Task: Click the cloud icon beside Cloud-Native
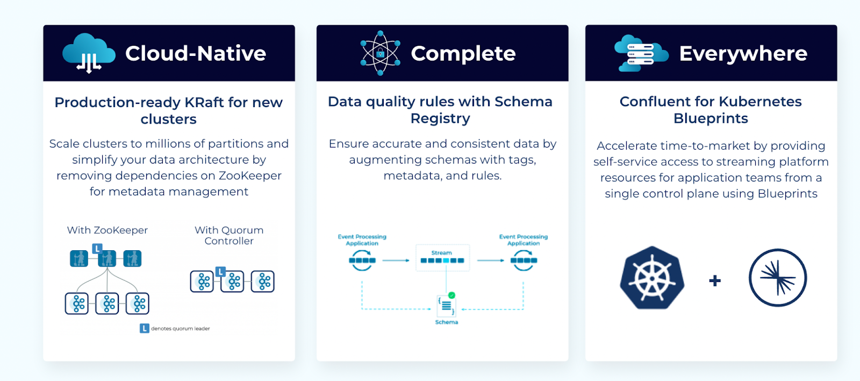pos(89,53)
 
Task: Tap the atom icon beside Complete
pos(380,53)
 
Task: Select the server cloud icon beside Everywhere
pos(641,53)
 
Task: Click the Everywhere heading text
pos(743,53)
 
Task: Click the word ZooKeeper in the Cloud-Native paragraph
pos(250,175)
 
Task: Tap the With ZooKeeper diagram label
pos(107,230)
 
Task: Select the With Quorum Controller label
pos(229,236)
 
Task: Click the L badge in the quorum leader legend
pos(144,328)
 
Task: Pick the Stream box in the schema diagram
pos(442,258)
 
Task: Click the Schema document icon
pos(446,306)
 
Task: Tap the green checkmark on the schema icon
pos(451,295)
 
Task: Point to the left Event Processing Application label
pos(362,240)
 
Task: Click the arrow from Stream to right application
pos(490,260)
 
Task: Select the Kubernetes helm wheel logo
pos(651,278)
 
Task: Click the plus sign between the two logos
pos(715,280)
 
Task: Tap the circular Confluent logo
pos(777,278)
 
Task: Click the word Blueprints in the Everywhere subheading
pos(711,118)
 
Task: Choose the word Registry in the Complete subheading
pos(440,118)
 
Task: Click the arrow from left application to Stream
pos(396,260)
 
